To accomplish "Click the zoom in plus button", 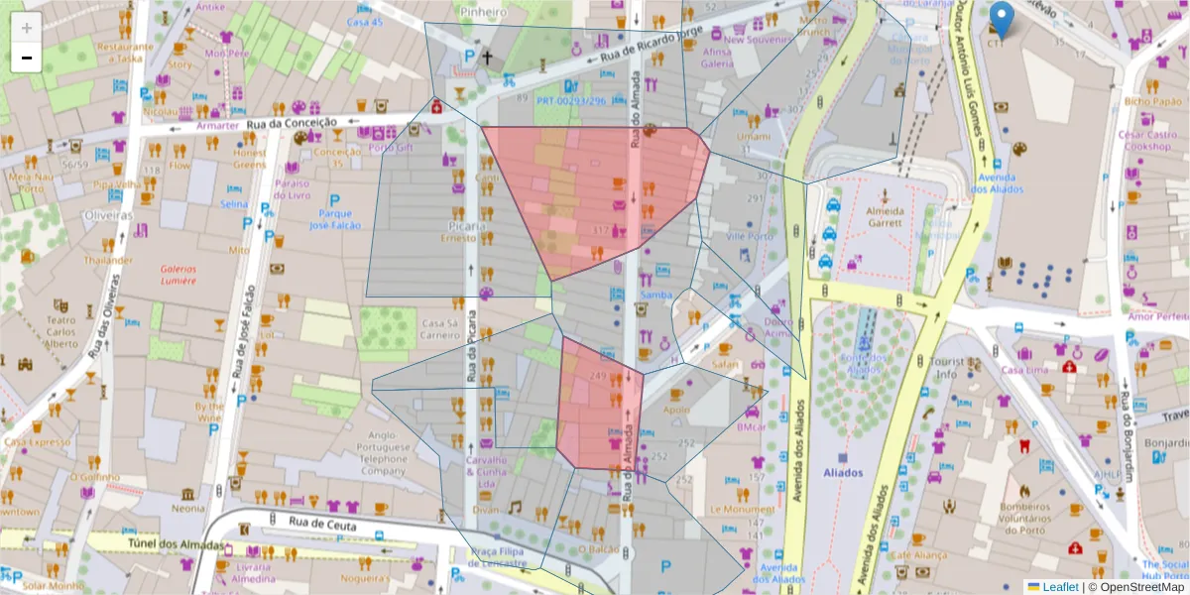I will coord(27,28).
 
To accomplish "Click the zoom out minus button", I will coord(27,58).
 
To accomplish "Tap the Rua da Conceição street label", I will coord(289,123).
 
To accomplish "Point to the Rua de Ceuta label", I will coord(321,521).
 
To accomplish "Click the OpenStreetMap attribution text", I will coord(1138,586).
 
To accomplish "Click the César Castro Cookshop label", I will coord(1145,140).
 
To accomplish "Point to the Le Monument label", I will coord(741,509).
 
